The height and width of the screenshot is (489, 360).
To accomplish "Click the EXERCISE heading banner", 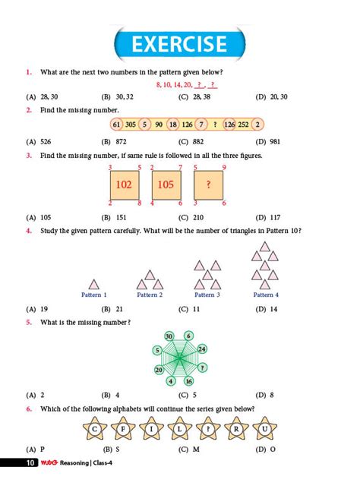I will click(x=179, y=45).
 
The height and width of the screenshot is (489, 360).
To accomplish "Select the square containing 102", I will click(x=125, y=185).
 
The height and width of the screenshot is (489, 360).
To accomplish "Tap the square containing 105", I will click(x=166, y=185).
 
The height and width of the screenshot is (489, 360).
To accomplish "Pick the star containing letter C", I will click(x=95, y=429).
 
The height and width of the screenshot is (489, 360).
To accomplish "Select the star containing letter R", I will click(x=236, y=429).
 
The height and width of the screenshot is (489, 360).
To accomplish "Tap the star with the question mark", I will click(x=208, y=429).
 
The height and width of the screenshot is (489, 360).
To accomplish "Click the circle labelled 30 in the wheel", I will click(x=169, y=336).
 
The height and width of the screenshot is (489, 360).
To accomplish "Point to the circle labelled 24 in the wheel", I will click(x=202, y=349).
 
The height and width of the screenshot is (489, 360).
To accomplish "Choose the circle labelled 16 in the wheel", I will click(x=189, y=381).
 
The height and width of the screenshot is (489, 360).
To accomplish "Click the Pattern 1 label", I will click(x=94, y=295).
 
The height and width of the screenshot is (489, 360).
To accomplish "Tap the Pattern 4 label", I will click(x=266, y=295).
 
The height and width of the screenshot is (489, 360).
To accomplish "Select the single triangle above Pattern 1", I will click(x=94, y=283).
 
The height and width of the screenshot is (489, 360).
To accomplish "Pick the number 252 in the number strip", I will click(x=243, y=125).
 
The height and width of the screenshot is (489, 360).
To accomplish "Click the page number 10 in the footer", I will click(x=29, y=462).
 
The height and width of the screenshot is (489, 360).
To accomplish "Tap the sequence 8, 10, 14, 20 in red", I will click(x=174, y=84).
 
